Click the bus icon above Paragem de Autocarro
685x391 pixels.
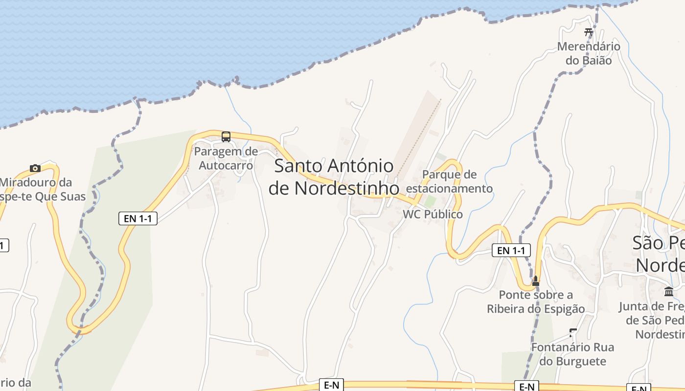point(226,137)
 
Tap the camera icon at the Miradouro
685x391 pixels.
point(35,169)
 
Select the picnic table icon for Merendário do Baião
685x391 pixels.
point(589,33)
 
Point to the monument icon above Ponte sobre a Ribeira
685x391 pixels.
point(536,281)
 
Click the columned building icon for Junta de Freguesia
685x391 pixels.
point(669,292)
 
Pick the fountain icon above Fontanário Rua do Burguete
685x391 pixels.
point(573,333)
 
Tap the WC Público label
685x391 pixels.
point(433,215)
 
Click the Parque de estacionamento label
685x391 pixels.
point(449,181)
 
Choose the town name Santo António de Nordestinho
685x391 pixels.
point(334,177)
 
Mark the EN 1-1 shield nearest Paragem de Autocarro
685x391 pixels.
point(137,218)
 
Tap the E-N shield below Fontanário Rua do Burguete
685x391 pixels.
point(526,387)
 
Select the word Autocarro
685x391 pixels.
point(226,165)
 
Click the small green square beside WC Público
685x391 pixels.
point(430,201)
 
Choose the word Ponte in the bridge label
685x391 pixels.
point(514,295)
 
